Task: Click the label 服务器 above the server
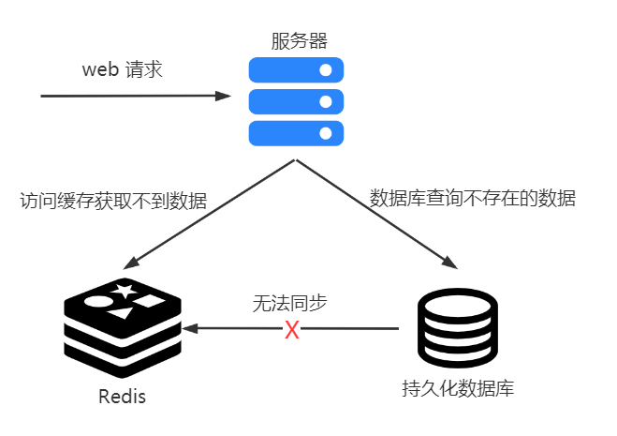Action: click(x=299, y=41)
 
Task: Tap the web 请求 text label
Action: click(x=122, y=69)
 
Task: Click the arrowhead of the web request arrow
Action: click(x=223, y=96)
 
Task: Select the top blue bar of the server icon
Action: click(x=296, y=69)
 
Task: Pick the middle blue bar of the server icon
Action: click(x=296, y=101)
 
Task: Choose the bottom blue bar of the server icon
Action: click(x=296, y=133)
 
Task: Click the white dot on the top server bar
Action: click(x=326, y=69)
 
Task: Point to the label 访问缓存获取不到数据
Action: click(x=113, y=201)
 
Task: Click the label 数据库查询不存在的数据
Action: click(x=472, y=198)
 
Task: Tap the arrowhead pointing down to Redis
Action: click(x=131, y=263)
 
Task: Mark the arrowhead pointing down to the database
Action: click(x=449, y=263)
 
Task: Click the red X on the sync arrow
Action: click(x=292, y=329)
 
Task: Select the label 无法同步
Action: click(x=289, y=303)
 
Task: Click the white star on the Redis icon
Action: click(x=125, y=291)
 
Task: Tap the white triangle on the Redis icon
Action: click(x=121, y=313)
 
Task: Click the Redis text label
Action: click(x=122, y=397)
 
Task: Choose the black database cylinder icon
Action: click(x=458, y=328)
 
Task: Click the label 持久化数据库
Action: click(x=458, y=389)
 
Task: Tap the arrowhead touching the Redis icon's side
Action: click(x=190, y=328)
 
